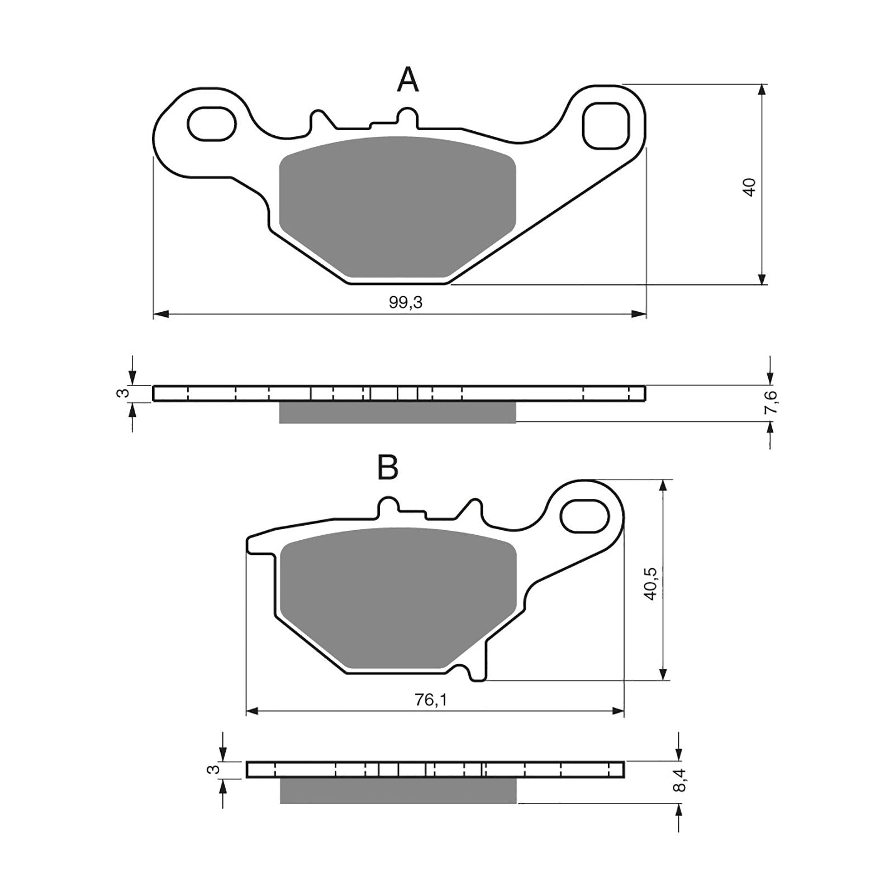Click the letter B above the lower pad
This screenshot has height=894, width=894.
[x=388, y=467]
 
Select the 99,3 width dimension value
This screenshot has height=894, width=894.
[x=406, y=302]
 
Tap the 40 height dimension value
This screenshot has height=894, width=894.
[x=750, y=187]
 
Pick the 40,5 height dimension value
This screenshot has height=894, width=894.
[x=651, y=583]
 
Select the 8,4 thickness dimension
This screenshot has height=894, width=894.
[x=679, y=779]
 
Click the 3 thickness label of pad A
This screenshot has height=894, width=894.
[x=125, y=393]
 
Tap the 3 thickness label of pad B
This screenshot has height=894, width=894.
[x=213, y=769]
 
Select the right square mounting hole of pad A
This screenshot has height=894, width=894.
[x=606, y=125]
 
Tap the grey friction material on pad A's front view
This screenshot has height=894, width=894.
[x=397, y=207]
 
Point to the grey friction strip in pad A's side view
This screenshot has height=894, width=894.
[x=397, y=412]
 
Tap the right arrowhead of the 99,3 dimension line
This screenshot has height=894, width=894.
[x=640, y=315]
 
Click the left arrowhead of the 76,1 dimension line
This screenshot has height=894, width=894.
[x=253, y=711]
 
